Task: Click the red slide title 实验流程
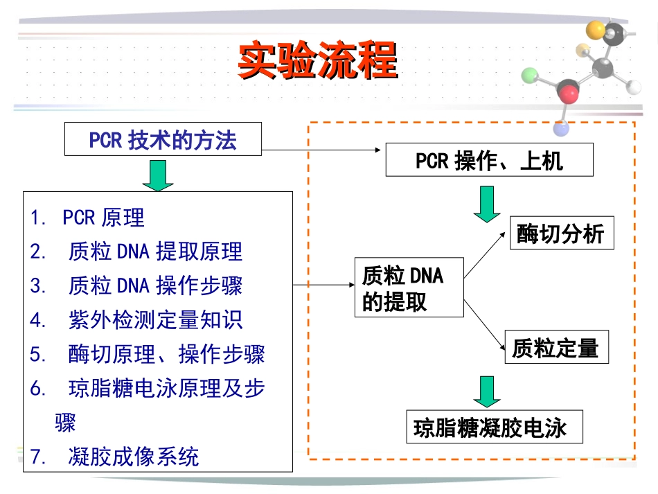point(318,60)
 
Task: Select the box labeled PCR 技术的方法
point(163,139)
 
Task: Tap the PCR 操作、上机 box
point(489,159)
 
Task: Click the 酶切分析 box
point(562,233)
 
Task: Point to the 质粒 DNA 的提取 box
point(409,287)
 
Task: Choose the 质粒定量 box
point(556,346)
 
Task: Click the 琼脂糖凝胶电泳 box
point(495,426)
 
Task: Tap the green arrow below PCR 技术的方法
point(158,175)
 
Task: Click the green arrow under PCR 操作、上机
point(487,204)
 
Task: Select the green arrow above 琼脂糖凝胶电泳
point(487,391)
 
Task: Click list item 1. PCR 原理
point(87,218)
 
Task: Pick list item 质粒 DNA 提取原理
point(155,252)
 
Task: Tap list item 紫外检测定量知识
point(155,320)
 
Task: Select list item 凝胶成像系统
point(134,457)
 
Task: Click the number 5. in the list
point(38,354)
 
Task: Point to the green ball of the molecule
point(530,76)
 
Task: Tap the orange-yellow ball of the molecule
point(595,30)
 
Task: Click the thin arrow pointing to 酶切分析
point(485,255)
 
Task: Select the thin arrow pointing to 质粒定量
point(484,325)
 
